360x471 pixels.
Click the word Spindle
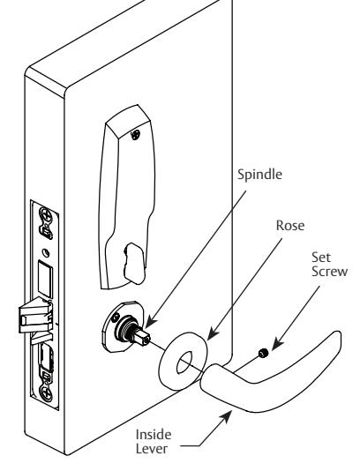point(259,175)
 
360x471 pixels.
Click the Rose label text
point(290,226)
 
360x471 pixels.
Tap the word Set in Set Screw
point(321,258)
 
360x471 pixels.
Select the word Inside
point(154,435)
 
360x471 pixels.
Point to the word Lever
point(152,449)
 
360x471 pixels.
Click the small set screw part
point(263,353)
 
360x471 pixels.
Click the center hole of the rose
point(184,363)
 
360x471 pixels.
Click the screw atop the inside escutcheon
point(136,135)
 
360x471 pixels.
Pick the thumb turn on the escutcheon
point(135,264)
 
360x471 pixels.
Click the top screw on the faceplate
point(46,214)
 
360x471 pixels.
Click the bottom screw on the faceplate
point(47,392)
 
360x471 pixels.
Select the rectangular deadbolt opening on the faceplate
point(45,279)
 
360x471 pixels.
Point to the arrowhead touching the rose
point(213,333)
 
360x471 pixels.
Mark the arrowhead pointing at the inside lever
point(226,417)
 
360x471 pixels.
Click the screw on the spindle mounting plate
point(115,318)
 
